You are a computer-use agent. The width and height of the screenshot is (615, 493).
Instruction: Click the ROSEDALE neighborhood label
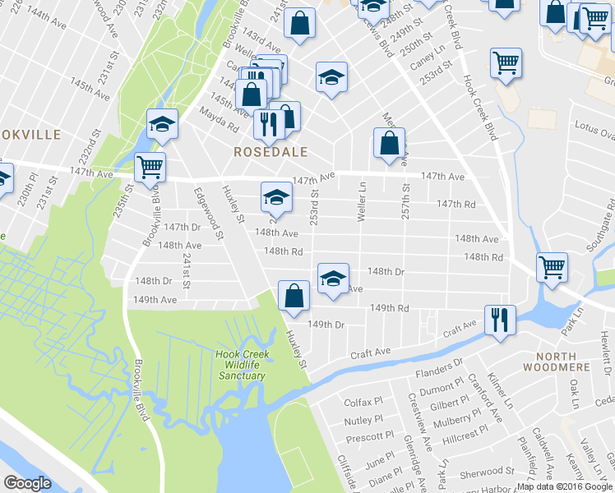click(271, 152)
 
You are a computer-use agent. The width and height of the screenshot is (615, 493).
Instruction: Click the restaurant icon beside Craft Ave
click(500, 320)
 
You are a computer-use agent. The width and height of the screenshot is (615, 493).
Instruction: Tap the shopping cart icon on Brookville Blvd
click(150, 167)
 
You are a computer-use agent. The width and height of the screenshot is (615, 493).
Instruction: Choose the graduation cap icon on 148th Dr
click(333, 278)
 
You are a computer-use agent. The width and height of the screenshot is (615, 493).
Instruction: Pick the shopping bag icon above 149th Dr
click(294, 296)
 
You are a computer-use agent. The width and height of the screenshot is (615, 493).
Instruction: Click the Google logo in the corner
click(27, 483)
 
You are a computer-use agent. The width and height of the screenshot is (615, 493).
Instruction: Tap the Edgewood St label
click(209, 213)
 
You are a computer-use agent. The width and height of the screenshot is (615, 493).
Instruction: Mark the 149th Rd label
click(389, 308)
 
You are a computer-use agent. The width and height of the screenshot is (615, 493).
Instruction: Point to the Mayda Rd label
click(217, 121)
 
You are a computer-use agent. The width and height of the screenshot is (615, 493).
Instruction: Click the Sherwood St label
click(488, 472)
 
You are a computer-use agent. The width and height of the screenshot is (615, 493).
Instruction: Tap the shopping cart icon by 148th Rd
click(551, 267)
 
